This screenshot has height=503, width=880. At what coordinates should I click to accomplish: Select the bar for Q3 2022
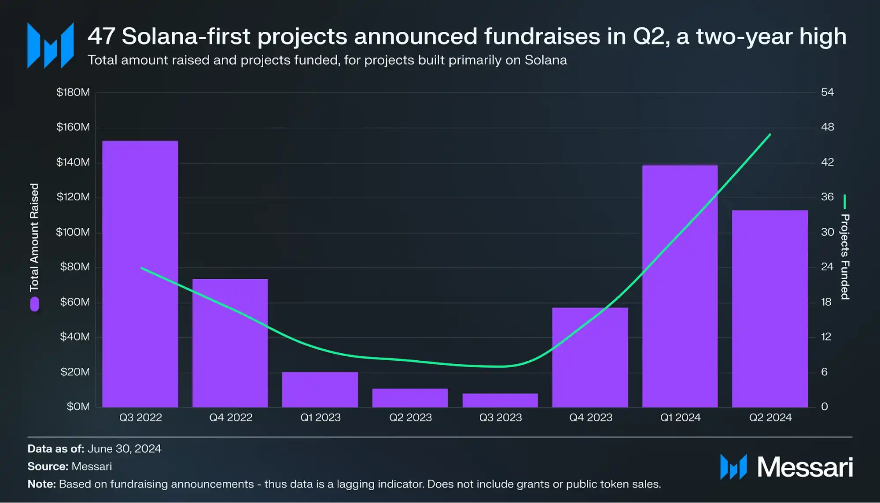pyautogui.click(x=140, y=274)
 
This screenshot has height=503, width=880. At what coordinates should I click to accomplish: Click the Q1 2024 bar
pyautogui.click(x=680, y=286)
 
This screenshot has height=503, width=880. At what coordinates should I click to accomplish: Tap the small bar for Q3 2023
pyautogui.click(x=500, y=400)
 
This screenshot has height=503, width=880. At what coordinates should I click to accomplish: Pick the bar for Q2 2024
pyautogui.click(x=770, y=308)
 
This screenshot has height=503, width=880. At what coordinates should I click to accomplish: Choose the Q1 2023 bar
pyautogui.click(x=320, y=389)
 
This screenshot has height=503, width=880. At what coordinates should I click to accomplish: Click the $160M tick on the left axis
pyautogui.click(x=73, y=127)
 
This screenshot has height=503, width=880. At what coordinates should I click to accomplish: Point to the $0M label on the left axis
pyautogui.click(x=78, y=407)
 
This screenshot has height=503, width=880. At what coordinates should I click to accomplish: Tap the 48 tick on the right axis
pyautogui.click(x=827, y=127)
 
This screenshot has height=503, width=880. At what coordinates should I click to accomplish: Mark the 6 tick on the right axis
pyautogui.click(x=824, y=372)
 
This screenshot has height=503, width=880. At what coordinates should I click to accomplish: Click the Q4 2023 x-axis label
pyautogui.click(x=590, y=418)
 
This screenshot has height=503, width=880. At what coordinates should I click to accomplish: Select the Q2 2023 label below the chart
pyautogui.click(x=410, y=418)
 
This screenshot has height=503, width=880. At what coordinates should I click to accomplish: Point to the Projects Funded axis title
pyautogui.click(x=845, y=257)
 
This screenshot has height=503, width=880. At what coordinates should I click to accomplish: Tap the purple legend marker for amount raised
pyautogui.click(x=34, y=304)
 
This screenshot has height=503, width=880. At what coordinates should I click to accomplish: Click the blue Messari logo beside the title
pyautogui.click(x=50, y=45)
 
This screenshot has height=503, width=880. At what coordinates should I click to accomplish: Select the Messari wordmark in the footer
pyautogui.click(x=805, y=467)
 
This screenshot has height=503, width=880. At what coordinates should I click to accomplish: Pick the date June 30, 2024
pyautogui.click(x=124, y=449)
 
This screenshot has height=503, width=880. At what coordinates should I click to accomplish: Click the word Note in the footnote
pyautogui.click(x=41, y=484)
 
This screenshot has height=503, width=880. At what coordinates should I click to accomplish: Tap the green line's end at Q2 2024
pyautogui.click(x=770, y=134)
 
